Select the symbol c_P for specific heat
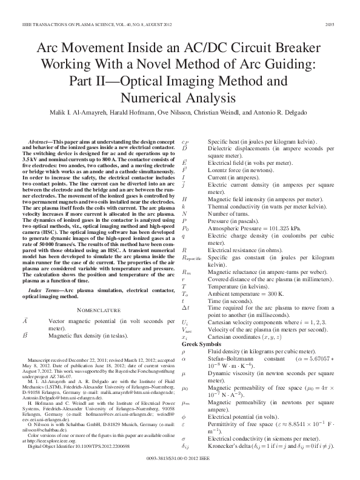(x=185, y=141)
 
